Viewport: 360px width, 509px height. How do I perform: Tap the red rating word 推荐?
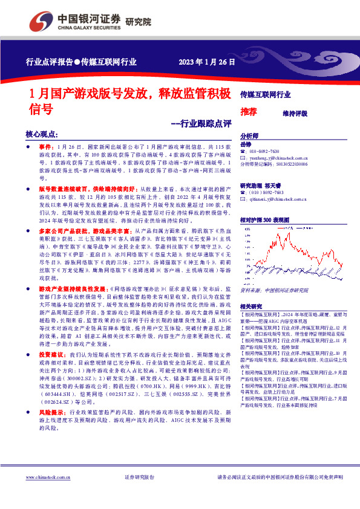pos(248,112)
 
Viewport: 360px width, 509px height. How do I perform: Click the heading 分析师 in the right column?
pos(249,136)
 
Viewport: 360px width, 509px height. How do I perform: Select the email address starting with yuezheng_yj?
pos(278,157)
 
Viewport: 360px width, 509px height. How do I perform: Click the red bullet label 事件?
pos(47,147)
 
